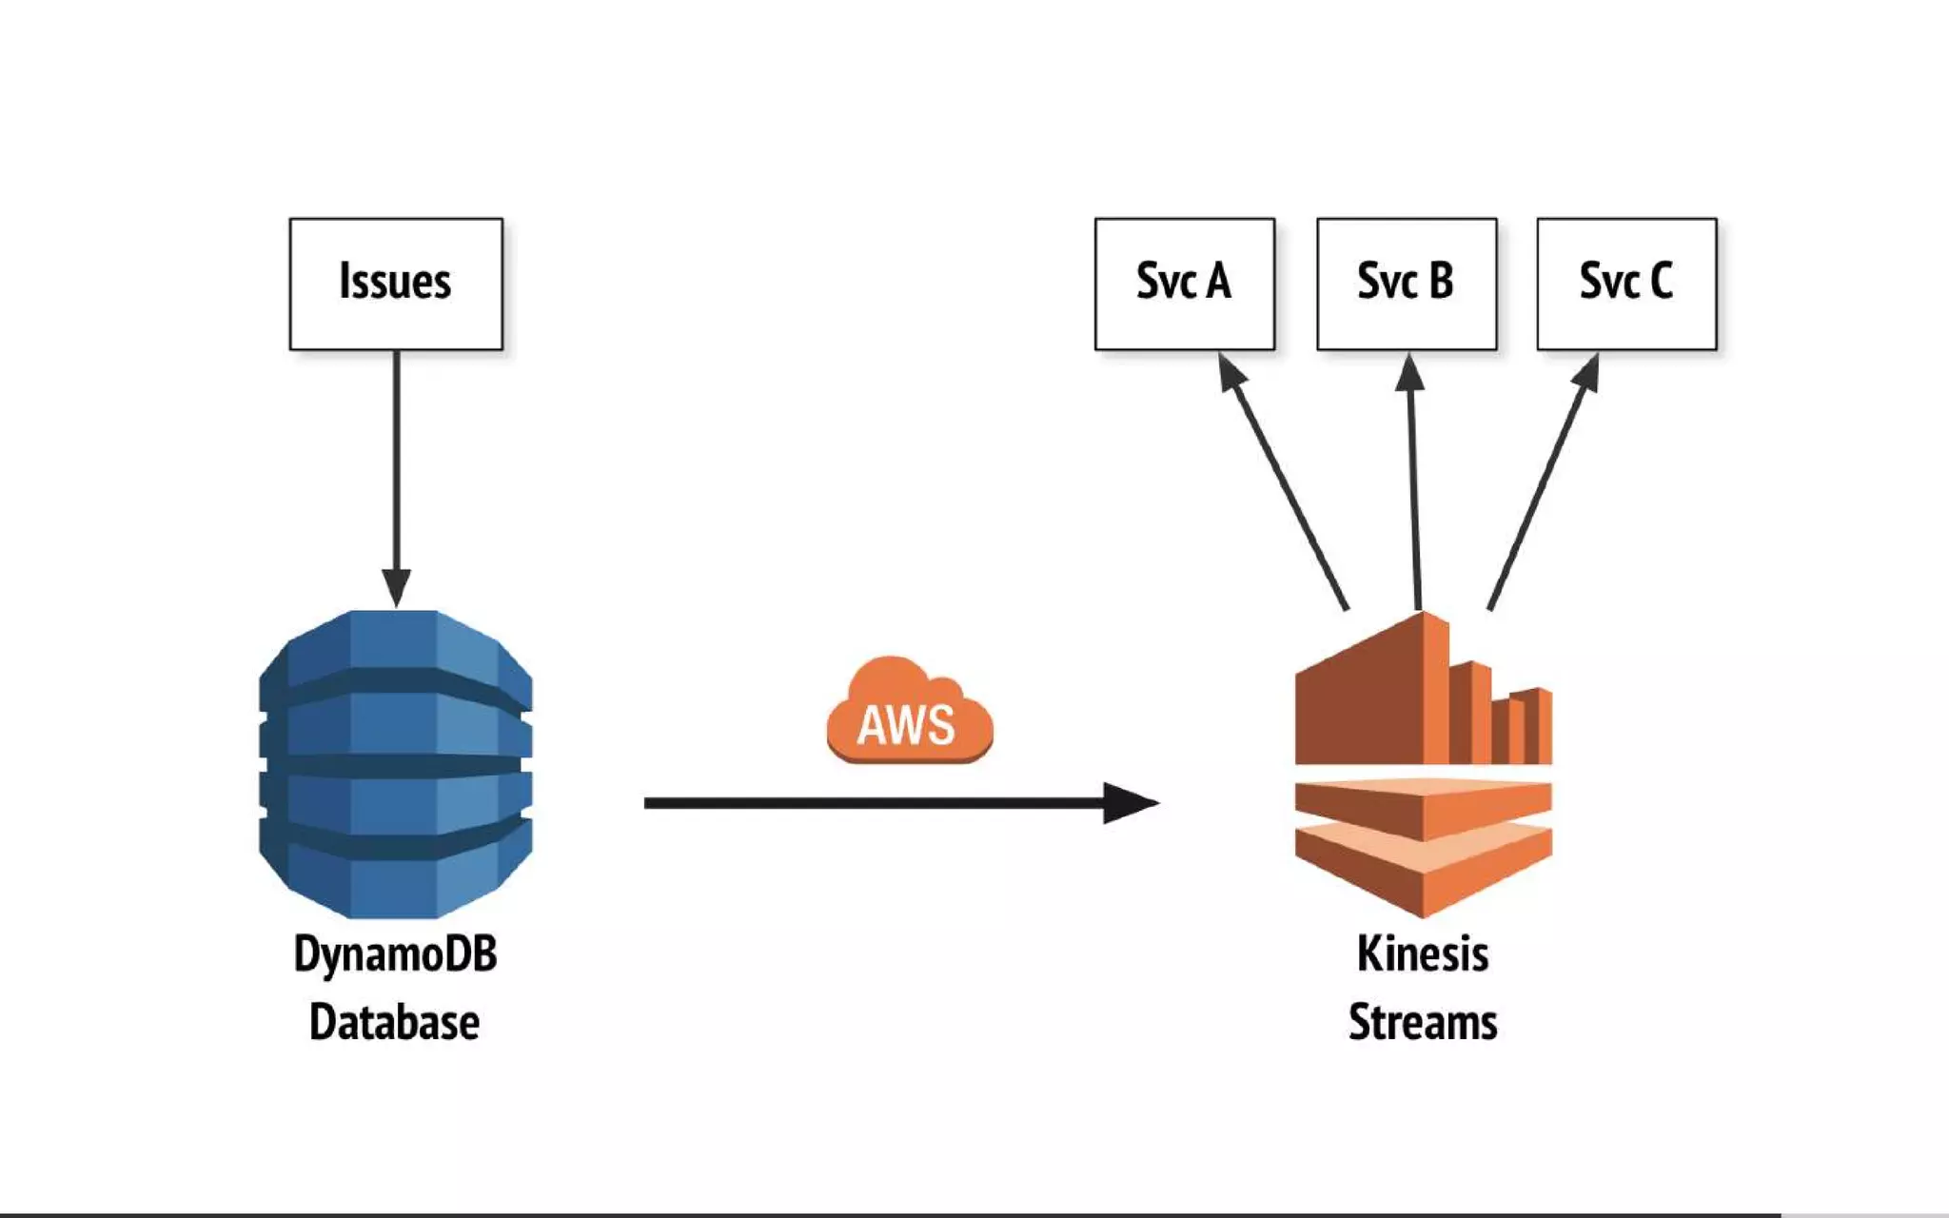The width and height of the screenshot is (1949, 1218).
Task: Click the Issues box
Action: [396, 284]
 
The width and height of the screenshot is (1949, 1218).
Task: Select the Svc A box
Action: [1184, 284]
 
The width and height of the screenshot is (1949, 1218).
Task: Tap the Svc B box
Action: [1406, 284]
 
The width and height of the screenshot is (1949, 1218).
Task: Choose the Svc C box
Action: [1626, 284]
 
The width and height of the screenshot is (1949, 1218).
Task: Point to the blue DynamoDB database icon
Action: [395, 763]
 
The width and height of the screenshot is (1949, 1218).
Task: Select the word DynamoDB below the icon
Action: [395, 954]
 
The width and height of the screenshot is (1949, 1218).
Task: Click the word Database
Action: [395, 1022]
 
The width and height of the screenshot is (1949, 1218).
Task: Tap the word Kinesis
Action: [1423, 953]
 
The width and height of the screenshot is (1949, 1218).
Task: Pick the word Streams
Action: [1423, 1022]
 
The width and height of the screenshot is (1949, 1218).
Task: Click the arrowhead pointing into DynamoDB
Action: [396, 586]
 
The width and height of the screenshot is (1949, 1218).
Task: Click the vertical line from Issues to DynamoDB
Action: [396, 457]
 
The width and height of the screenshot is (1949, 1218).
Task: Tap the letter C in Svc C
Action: [1661, 282]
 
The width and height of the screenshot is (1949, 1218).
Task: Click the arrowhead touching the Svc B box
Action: [1409, 372]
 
